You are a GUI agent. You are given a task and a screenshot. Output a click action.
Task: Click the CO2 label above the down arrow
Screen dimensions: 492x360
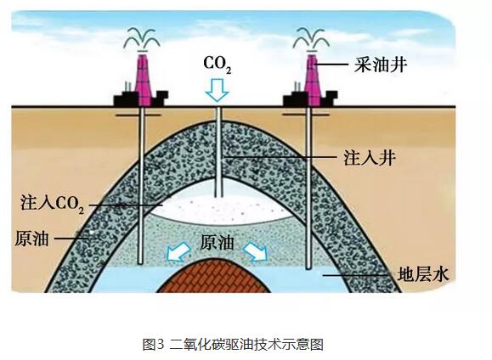point(218,65)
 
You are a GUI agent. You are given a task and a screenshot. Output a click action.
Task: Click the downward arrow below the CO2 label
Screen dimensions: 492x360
point(217,90)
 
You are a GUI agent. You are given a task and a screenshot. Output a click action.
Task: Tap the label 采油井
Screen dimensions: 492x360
point(381,65)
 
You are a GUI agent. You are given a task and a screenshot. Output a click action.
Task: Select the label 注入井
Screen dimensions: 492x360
point(370,157)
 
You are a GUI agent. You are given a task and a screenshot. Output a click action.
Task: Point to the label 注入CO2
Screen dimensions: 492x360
point(53,203)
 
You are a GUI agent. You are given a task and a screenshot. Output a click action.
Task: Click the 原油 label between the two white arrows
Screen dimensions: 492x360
point(218,242)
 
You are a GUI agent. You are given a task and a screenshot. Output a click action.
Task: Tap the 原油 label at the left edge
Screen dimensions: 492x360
point(31,239)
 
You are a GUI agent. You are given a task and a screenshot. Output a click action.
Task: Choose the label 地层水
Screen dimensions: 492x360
point(423,274)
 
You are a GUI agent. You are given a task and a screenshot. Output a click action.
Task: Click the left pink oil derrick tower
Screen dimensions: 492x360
point(144,80)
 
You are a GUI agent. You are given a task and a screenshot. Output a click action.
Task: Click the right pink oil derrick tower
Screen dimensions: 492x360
point(313,80)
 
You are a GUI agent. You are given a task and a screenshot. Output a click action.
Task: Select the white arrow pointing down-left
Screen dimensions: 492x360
point(178,252)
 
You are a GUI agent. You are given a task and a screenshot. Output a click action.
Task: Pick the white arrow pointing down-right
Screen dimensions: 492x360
point(256,251)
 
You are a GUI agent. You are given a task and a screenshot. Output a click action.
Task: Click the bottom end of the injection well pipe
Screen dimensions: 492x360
point(218,197)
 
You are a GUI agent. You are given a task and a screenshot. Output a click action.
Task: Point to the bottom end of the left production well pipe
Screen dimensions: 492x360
point(140,262)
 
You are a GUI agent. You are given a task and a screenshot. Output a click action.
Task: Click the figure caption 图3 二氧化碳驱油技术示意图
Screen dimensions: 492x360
point(233,345)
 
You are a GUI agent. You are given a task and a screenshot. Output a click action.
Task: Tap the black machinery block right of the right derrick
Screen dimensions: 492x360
point(330,98)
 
